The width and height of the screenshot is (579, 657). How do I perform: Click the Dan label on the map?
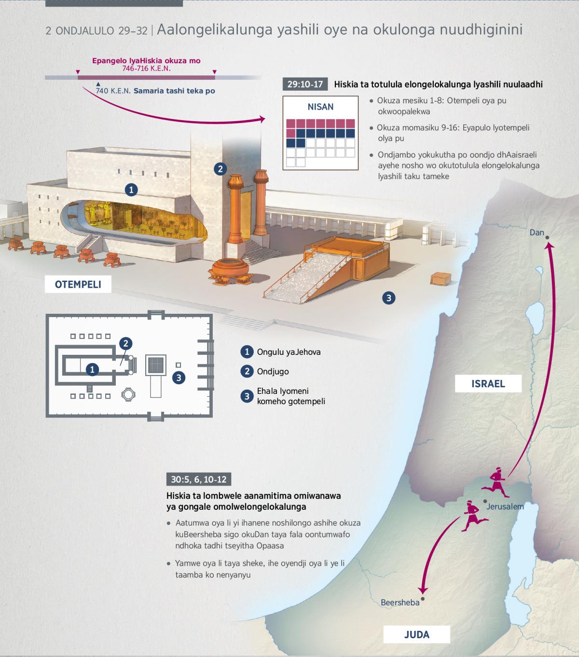coord(537,232)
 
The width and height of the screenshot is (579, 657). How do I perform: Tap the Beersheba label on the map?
coord(400,602)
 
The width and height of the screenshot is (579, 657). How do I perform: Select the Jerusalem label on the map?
coord(505,506)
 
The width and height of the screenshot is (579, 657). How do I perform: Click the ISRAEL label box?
coord(488,384)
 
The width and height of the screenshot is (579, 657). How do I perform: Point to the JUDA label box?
coord(416,634)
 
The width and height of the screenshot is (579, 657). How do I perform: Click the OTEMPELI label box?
coord(78,284)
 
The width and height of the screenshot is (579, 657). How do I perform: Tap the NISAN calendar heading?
coord(320,107)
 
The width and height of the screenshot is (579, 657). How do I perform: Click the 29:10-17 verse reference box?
coord(305,84)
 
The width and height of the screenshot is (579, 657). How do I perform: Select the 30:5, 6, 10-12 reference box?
coord(199,479)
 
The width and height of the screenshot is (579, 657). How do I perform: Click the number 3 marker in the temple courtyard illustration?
coord(389,298)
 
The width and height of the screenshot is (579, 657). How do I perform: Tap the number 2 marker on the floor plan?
coord(126,343)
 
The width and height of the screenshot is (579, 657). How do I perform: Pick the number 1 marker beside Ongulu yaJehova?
coord(247,352)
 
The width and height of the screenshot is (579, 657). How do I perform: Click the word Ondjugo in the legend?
coord(273,371)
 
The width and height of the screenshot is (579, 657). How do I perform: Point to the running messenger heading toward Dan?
coord(496,482)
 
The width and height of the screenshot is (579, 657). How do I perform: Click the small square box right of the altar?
coord(441,279)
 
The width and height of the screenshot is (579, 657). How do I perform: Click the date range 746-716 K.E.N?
coord(146,69)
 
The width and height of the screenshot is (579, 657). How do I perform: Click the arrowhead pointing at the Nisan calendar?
coord(262,119)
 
